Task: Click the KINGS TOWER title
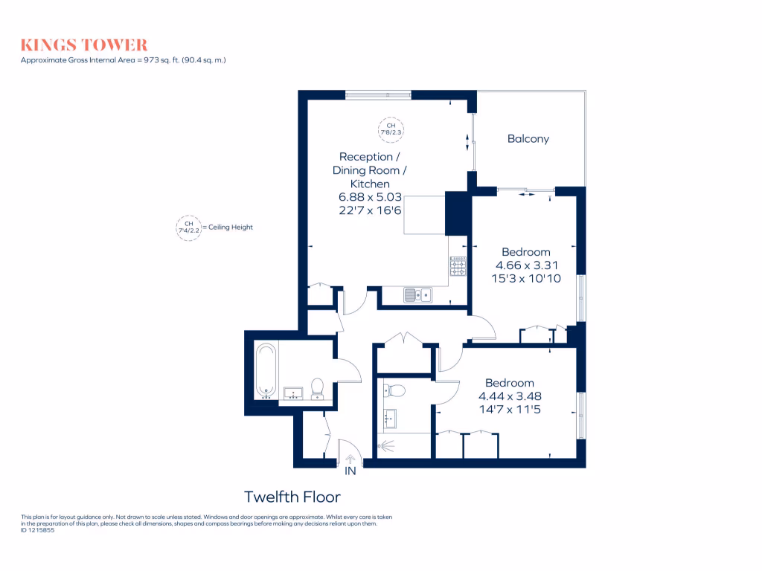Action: click(x=84, y=45)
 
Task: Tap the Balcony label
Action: click(x=528, y=138)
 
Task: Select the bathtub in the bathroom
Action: click(x=266, y=370)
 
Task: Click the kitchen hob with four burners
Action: click(x=458, y=265)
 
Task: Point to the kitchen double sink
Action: click(x=418, y=295)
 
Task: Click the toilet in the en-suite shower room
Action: click(x=395, y=390)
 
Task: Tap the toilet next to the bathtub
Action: click(x=317, y=387)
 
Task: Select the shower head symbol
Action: click(x=384, y=448)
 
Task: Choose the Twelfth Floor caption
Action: click(x=292, y=496)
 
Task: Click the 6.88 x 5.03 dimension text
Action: click(x=370, y=197)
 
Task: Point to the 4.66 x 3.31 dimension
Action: click(x=527, y=265)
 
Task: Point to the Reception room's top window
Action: click(x=378, y=94)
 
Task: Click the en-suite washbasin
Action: click(x=389, y=419)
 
